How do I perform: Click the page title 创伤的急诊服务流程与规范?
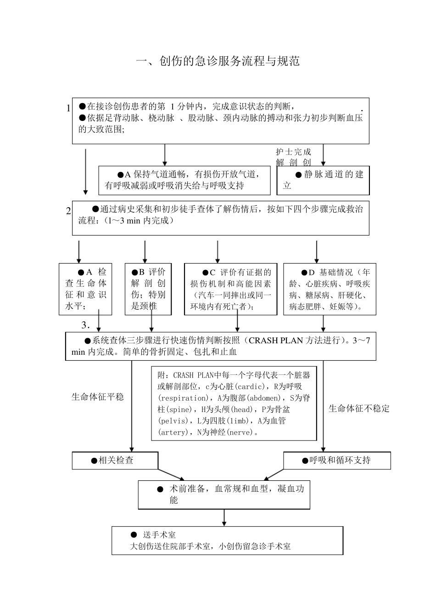point(218,61)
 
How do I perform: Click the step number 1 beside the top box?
point(68,108)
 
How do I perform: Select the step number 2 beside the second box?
point(68,211)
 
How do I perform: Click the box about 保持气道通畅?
point(184,180)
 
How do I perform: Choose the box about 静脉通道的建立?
point(323,180)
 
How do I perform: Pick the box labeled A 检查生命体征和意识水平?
point(85,289)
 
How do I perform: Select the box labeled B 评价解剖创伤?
point(148,289)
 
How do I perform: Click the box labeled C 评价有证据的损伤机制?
point(230,289)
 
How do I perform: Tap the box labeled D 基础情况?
point(330,289)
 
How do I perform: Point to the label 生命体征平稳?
point(98,397)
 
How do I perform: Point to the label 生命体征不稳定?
point(359,408)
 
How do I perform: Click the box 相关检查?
point(115,460)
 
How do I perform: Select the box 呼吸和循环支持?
point(337,460)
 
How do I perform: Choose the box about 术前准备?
point(224,495)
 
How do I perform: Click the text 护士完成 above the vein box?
point(293,152)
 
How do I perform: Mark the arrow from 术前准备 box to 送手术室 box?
point(224,517)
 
